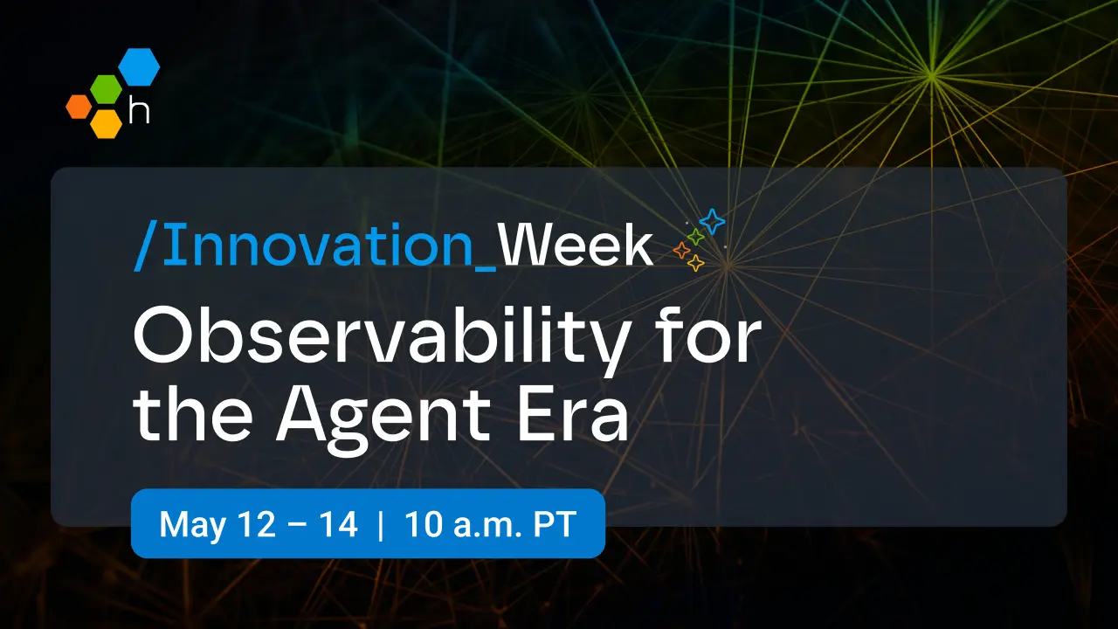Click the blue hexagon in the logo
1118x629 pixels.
139,67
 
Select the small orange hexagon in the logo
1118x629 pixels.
78,106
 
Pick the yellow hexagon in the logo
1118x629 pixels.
106,122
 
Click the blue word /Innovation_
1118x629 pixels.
314,246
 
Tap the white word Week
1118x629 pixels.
576,246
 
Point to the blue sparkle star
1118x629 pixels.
712,222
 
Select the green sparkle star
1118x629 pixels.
696,237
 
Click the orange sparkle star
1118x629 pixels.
681,252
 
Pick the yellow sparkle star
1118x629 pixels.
696,263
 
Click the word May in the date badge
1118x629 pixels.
186,525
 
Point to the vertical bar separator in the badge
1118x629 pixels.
381,525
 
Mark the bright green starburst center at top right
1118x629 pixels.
932,77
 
